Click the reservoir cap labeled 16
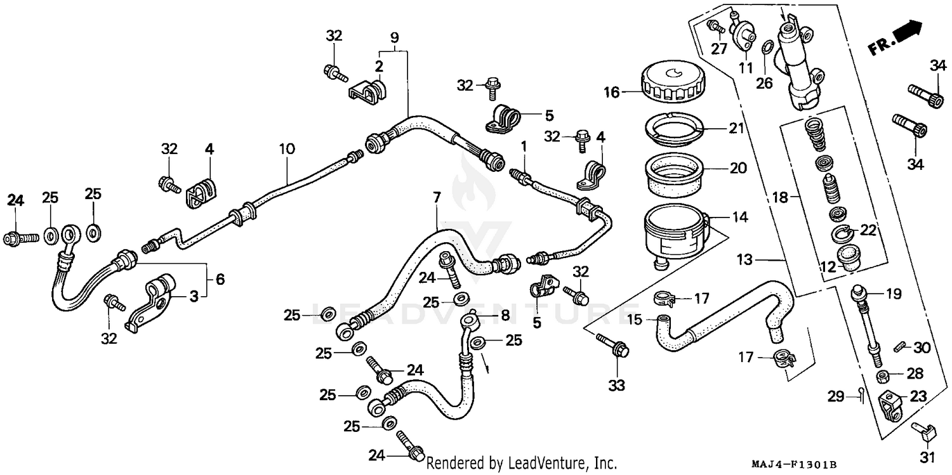tap(671, 84)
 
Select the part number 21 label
tap(736, 129)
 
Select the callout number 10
tap(287, 150)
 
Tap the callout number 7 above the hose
tap(437, 198)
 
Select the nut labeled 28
tap(883, 377)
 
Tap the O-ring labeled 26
tap(766, 48)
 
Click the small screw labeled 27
tap(714, 27)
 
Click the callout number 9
tap(395, 37)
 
